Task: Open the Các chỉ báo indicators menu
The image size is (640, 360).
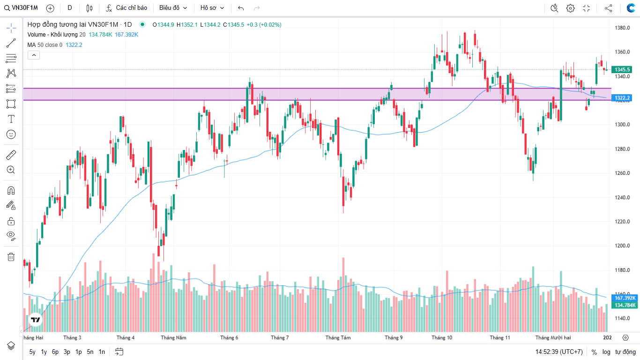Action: click(127, 8)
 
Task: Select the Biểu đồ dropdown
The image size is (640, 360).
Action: click(173, 8)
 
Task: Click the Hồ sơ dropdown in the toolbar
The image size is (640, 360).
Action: click(212, 8)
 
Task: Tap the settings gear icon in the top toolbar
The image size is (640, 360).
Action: click(570, 8)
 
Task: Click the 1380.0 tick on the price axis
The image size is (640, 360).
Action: click(622, 28)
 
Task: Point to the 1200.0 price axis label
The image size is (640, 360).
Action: click(622, 246)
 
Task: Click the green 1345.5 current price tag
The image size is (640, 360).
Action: click(623, 69)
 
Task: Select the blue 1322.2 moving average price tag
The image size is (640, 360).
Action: click(623, 98)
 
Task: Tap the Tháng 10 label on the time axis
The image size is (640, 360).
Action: click(442, 337)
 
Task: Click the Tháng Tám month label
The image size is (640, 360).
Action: click(338, 337)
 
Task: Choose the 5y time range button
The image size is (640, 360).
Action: click(32, 352)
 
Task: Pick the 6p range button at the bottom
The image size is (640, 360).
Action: click(55, 352)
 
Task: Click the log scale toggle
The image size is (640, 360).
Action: click(606, 352)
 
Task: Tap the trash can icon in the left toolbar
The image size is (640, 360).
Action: click(11, 256)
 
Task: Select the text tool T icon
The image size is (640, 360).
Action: click(11, 119)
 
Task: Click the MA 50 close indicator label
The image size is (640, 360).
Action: click(45, 45)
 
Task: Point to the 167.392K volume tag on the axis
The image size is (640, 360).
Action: click(625, 298)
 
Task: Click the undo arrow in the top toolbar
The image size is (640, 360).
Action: click(241, 8)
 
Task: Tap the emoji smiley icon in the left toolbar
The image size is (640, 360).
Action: click(11, 134)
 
